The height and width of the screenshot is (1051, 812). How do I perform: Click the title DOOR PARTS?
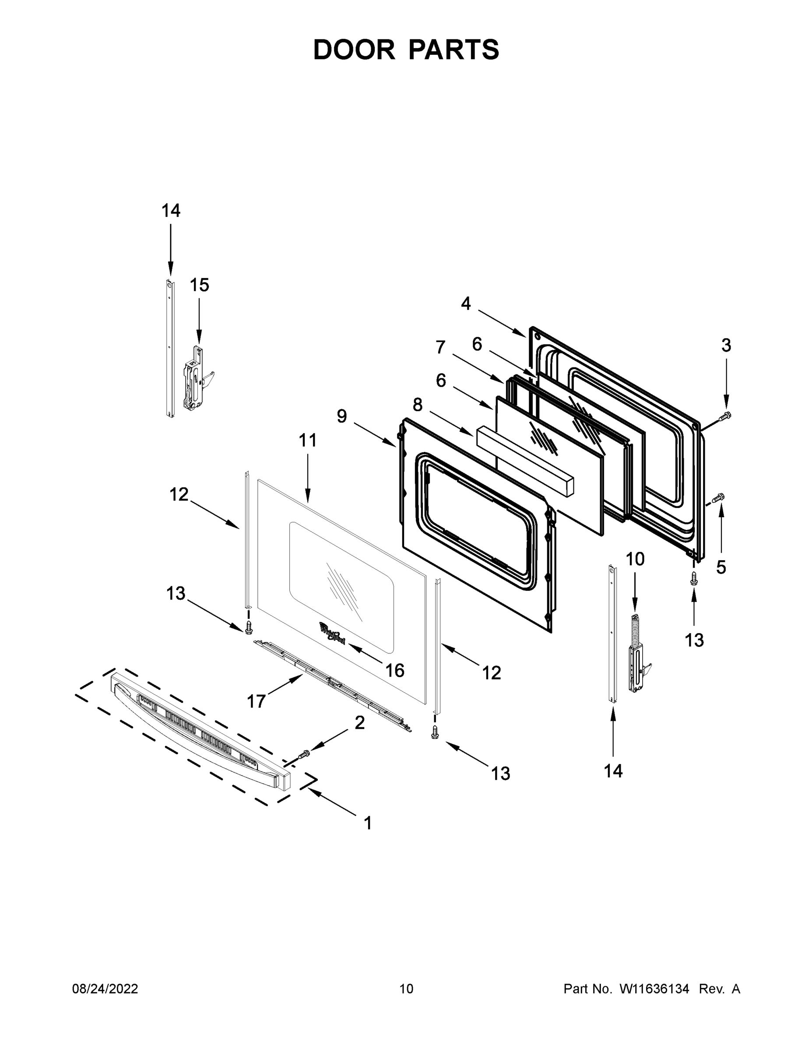(x=406, y=50)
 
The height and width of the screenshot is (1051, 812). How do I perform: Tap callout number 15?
(x=199, y=285)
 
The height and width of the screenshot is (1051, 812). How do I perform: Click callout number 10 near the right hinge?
(x=635, y=559)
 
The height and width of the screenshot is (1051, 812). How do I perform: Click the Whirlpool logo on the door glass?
(x=332, y=631)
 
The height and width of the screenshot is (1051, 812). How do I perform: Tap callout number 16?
(x=395, y=670)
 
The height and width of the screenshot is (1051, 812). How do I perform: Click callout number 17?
(x=256, y=702)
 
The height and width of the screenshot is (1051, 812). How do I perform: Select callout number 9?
(x=341, y=416)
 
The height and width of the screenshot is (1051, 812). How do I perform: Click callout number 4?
(x=466, y=303)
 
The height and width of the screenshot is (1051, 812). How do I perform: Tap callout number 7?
(x=440, y=347)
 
